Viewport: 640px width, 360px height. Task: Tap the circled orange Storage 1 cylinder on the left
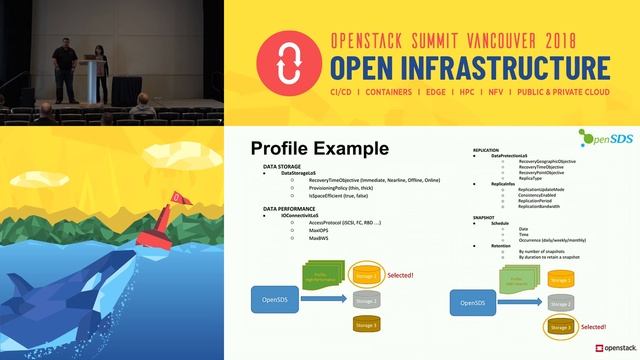367,273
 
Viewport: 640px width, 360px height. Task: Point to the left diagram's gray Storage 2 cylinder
367,299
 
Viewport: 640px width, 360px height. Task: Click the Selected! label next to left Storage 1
400,274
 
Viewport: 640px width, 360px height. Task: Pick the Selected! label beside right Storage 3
593,327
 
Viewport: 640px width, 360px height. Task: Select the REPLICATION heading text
486,149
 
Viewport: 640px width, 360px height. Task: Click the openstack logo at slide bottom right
611,348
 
